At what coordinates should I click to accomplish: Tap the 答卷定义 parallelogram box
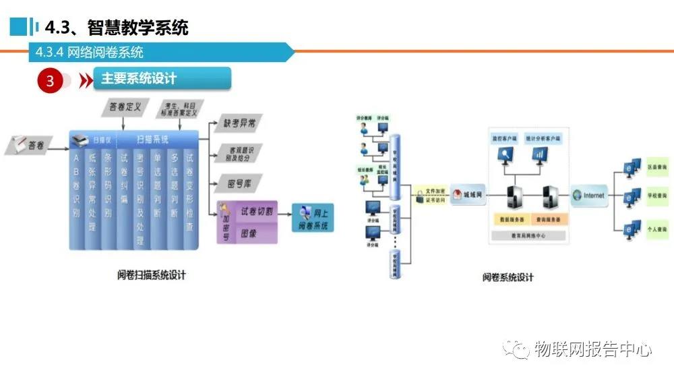[x=125, y=107]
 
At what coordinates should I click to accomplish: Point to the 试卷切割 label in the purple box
[x=257, y=211]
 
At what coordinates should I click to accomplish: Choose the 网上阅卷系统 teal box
[x=312, y=217]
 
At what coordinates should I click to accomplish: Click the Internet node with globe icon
[x=589, y=196]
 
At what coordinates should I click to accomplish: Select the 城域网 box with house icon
[x=468, y=194]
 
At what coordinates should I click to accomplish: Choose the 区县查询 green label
[x=656, y=165]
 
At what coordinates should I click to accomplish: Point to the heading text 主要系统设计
[x=139, y=79]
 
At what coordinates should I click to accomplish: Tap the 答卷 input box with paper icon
[x=29, y=145]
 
